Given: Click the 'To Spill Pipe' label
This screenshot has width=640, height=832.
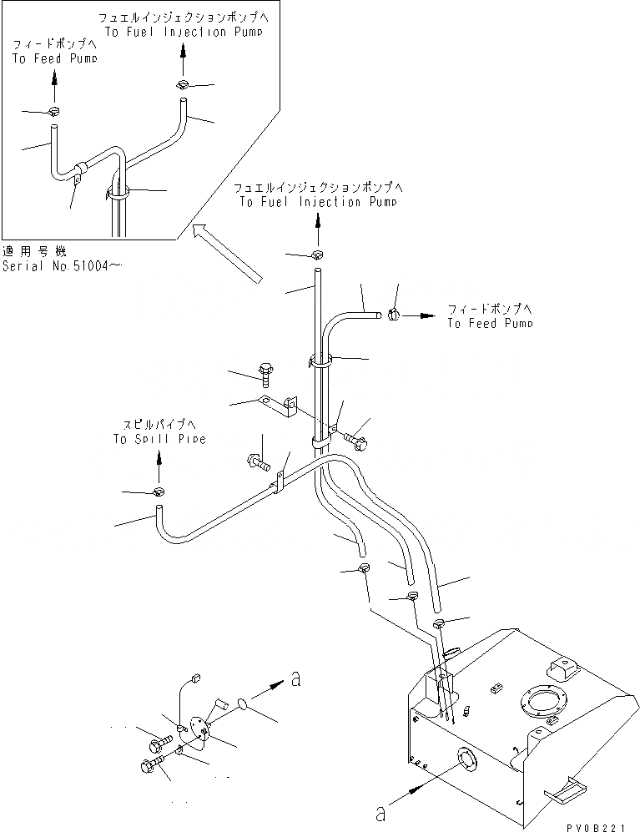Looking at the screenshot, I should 159,438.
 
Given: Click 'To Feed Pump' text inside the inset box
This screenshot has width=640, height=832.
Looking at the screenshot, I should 54,59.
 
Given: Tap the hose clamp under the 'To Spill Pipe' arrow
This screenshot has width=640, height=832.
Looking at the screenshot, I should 159,491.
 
